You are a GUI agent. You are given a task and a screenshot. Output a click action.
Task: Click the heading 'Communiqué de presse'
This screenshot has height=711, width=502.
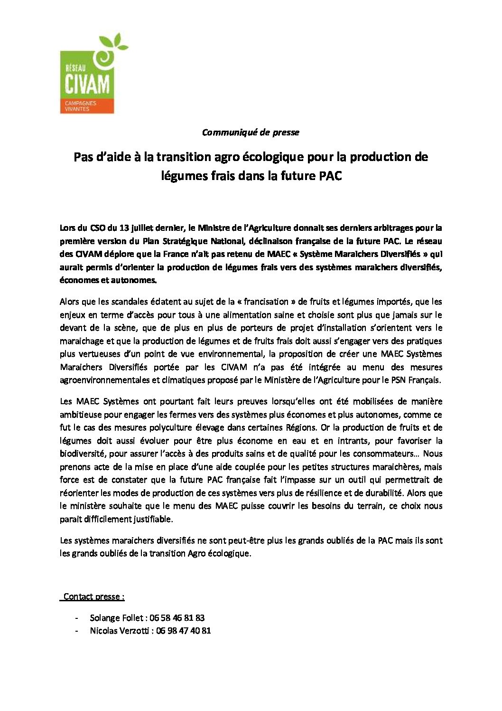pyautogui.click(x=250, y=133)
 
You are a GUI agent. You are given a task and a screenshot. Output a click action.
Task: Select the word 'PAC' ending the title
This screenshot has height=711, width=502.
pyautogui.click(x=329, y=176)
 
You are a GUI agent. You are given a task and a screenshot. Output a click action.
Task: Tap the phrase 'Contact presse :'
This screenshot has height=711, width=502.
pyautogui.click(x=94, y=597)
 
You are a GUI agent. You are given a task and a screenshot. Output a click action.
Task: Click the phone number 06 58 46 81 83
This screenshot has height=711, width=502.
pyautogui.click(x=177, y=618)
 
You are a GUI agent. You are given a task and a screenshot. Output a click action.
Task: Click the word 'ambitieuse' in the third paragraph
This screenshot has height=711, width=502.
pyautogui.click(x=80, y=415)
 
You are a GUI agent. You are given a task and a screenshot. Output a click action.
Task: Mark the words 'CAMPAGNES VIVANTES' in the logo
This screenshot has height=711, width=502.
pyautogui.click(x=78, y=106)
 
